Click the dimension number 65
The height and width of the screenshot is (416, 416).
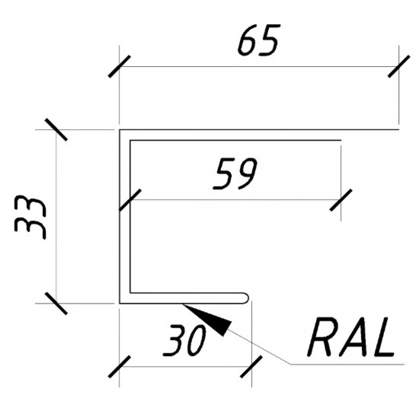click(259, 40)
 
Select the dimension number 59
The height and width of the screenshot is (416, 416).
click(235, 174)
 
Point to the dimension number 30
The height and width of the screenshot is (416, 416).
click(184, 340)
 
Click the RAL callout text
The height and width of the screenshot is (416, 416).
click(350, 336)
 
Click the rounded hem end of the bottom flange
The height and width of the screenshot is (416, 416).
click(245, 298)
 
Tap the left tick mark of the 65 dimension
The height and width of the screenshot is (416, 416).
click(119, 66)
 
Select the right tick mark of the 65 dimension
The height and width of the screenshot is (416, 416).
click(399, 66)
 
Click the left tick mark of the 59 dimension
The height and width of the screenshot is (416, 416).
click(130, 200)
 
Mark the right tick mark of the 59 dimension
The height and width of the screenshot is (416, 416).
click(341, 200)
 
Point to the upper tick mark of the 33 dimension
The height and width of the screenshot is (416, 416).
click(56, 129)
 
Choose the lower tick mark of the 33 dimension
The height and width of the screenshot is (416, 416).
click(56, 303)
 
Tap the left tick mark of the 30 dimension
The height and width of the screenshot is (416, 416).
click(119, 366)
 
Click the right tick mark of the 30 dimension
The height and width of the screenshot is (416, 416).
click(251, 366)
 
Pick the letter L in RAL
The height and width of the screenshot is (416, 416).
click(384, 337)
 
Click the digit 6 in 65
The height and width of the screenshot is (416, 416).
click(248, 40)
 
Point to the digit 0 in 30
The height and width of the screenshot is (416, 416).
click(196, 341)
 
